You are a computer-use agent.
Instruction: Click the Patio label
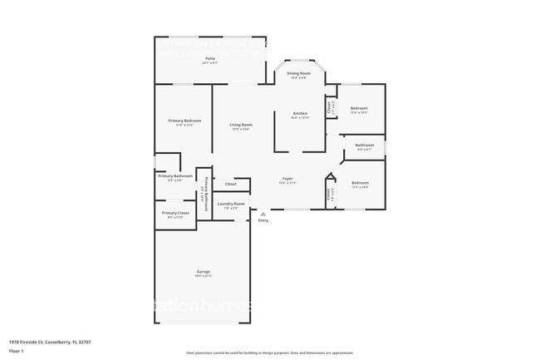[210, 58]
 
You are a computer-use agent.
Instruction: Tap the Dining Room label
[299, 73]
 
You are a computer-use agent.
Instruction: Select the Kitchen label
[299, 113]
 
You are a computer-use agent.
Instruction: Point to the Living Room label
[241, 125]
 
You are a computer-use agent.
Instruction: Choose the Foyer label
[287, 178]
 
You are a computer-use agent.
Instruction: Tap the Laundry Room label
[231, 204]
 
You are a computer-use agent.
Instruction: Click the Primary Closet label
[175, 213]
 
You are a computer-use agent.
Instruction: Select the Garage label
[203, 271]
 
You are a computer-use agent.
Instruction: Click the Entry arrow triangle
[263, 213]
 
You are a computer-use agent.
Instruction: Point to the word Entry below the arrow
[263, 220]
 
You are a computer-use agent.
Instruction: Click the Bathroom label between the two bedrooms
[365, 145]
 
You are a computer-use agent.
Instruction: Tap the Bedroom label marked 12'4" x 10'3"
[359, 109]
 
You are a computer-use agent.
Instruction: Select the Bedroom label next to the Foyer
[360, 183]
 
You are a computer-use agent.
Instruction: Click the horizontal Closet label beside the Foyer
[230, 184]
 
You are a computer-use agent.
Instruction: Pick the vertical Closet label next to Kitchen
[330, 106]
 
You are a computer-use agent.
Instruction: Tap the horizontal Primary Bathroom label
[175, 175]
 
